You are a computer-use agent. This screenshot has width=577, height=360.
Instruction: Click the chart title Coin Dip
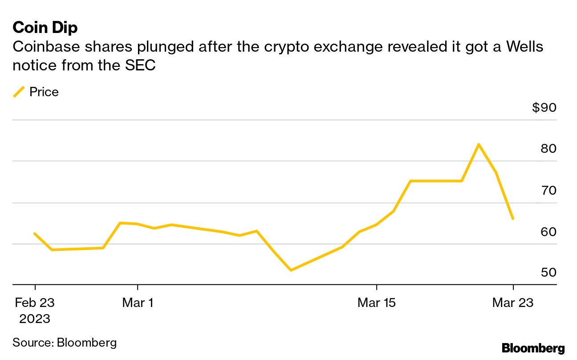(x=45, y=28)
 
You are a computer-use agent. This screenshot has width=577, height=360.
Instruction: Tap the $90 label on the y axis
(x=544, y=108)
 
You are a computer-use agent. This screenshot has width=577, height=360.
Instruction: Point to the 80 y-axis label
(x=549, y=149)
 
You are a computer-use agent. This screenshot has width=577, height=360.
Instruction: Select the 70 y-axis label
(x=549, y=191)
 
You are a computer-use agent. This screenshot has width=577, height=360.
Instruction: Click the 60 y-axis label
(x=549, y=232)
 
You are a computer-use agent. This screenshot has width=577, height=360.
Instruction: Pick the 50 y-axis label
(x=549, y=272)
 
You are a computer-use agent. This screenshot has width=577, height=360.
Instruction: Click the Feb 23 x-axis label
(x=35, y=303)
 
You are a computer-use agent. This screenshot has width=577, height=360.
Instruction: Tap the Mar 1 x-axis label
(x=138, y=303)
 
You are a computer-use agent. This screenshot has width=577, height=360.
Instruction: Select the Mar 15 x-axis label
(x=377, y=303)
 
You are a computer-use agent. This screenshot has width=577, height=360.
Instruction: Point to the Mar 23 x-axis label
(x=512, y=303)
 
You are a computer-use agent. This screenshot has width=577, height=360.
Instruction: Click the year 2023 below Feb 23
(x=35, y=319)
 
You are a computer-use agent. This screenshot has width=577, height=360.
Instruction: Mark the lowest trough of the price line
(x=291, y=270)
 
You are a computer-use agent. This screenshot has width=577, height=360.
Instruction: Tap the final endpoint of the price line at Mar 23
(x=513, y=218)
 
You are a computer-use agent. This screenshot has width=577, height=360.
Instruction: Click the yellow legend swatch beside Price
(x=19, y=92)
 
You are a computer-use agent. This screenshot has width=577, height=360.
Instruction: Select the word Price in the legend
(x=44, y=92)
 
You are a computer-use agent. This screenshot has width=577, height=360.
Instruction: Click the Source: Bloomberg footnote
(x=65, y=343)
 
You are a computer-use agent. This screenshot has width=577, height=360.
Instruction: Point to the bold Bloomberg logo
(x=533, y=348)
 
